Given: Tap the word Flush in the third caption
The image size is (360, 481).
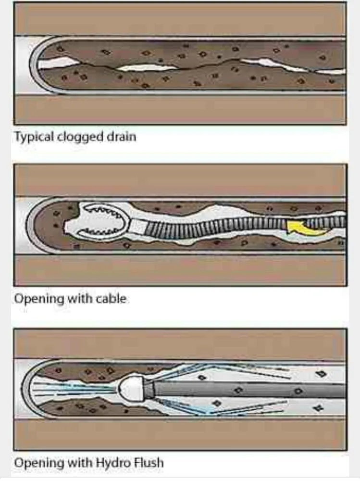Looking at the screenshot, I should coord(146,463).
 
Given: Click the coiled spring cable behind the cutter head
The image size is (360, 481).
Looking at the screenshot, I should coord(216,225).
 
